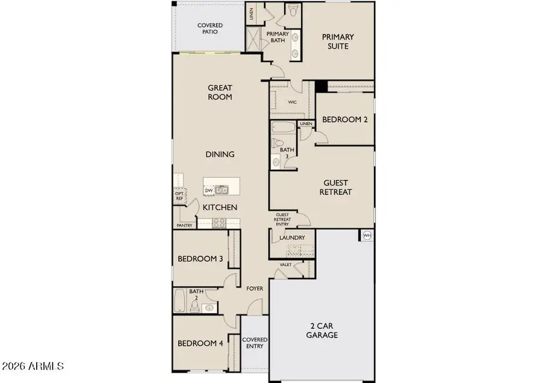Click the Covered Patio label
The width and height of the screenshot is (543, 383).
[210, 28]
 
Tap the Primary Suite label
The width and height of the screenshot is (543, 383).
[337, 41]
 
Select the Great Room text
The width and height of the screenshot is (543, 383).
[220, 92]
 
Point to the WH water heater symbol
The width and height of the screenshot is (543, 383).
[367, 235]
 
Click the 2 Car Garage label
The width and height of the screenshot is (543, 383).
[322, 330]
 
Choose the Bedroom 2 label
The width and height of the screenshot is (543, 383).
[345, 119]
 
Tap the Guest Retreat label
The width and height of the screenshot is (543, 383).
[337, 187]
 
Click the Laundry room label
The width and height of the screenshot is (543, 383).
[292, 238]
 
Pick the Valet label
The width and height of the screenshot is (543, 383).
[286, 264]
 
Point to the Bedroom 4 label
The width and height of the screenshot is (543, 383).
[200, 344]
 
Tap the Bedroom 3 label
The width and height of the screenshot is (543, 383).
[200, 259]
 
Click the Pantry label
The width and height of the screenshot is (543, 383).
[185, 226]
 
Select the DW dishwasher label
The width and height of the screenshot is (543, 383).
[209, 191]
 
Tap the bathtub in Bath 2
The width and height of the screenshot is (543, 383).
[180, 300]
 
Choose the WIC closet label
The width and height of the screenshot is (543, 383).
[293, 102]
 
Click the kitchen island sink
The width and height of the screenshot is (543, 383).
[221, 191]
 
